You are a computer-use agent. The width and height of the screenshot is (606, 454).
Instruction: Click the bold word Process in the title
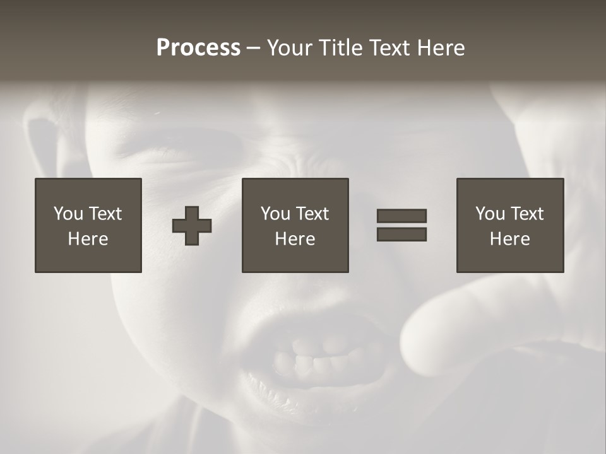(x=198, y=48)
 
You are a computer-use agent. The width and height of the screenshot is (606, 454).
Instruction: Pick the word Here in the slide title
(x=443, y=48)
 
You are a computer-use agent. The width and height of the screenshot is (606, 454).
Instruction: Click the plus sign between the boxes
(x=192, y=226)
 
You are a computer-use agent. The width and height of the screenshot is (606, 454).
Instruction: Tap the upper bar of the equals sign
(x=401, y=216)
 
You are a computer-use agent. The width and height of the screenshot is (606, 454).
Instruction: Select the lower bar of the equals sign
(x=401, y=235)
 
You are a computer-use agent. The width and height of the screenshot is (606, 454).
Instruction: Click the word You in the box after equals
(x=490, y=214)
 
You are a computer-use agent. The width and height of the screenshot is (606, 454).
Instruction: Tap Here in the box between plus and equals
(x=295, y=239)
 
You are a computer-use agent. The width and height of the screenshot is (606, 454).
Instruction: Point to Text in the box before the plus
(x=105, y=214)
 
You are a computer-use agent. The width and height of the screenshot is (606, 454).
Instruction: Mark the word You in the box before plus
(x=68, y=214)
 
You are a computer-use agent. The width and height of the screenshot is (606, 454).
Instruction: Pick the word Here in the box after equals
(x=509, y=239)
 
